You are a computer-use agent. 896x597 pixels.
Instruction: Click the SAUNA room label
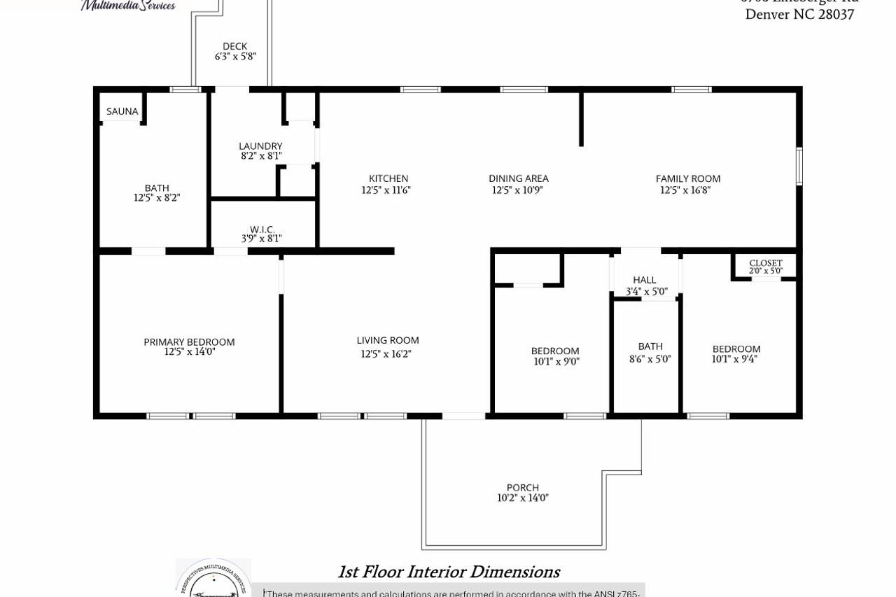pyautogui.click(x=122, y=111)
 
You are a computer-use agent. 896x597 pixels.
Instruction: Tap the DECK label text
pyautogui.click(x=234, y=46)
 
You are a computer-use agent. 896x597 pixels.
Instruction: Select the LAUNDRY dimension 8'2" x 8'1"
pyautogui.click(x=261, y=156)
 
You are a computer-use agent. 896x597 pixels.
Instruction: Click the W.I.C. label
pyautogui.click(x=262, y=229)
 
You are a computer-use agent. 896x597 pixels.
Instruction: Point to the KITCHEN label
pyautogui.click(x=388, y=178)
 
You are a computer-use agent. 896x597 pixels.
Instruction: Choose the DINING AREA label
pyautogui.click(x=518, y=178)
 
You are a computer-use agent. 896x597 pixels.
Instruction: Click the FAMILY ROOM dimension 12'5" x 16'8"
pyautogui.click(x=685, y=190)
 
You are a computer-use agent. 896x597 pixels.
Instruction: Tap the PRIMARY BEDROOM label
pyautogui.click(x=189, y=342)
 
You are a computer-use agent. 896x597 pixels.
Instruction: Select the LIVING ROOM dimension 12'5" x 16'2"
pyautogui.click(x=386, y=354)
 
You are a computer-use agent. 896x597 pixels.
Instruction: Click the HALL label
pyautogui.click(x=644, y=280)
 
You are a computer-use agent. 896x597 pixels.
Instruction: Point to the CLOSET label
pyautogui.click(x=766, y=263)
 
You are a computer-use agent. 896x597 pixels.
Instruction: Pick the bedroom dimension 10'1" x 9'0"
pyautogui.click(x=556, y=362)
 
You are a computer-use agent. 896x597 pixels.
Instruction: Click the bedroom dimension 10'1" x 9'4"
pyautogui.click(x=734, y=359)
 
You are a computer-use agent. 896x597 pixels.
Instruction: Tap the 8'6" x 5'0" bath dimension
pyautogui.click(x=650, y=359)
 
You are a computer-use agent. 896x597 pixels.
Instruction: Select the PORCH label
pyautogui.click(x=523, y=487)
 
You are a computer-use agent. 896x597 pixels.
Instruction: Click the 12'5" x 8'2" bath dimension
pyautogui.click(x=157, y=198)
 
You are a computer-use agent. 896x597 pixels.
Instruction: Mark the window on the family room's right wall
pyautogui.click(x=799, y=167)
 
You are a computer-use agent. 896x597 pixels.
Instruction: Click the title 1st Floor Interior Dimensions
pyautogui.click(x=449, y=572)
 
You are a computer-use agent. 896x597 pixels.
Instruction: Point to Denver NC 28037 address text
pyautogui.click(x=799, y=15)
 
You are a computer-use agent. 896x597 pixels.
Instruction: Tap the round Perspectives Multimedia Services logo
pyautogui.click(x=213, y=579)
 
